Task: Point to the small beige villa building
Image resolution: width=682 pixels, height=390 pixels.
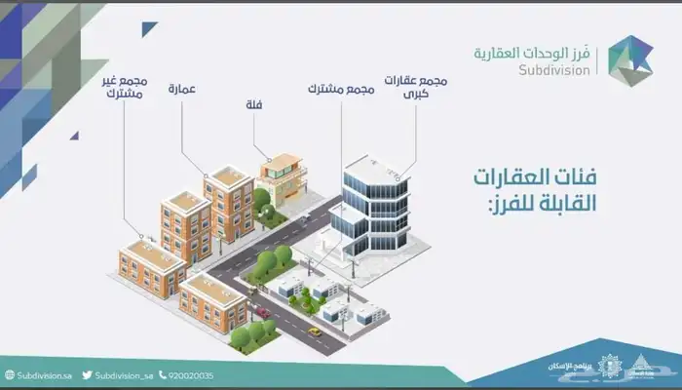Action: point(283,178)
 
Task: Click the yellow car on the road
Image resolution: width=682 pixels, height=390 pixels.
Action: point(315,331)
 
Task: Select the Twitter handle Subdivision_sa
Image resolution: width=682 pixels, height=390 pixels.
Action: point(125,374)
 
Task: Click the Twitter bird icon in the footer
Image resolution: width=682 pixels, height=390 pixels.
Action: point(87,374)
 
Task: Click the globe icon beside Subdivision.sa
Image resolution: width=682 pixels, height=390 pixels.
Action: point(9,374)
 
